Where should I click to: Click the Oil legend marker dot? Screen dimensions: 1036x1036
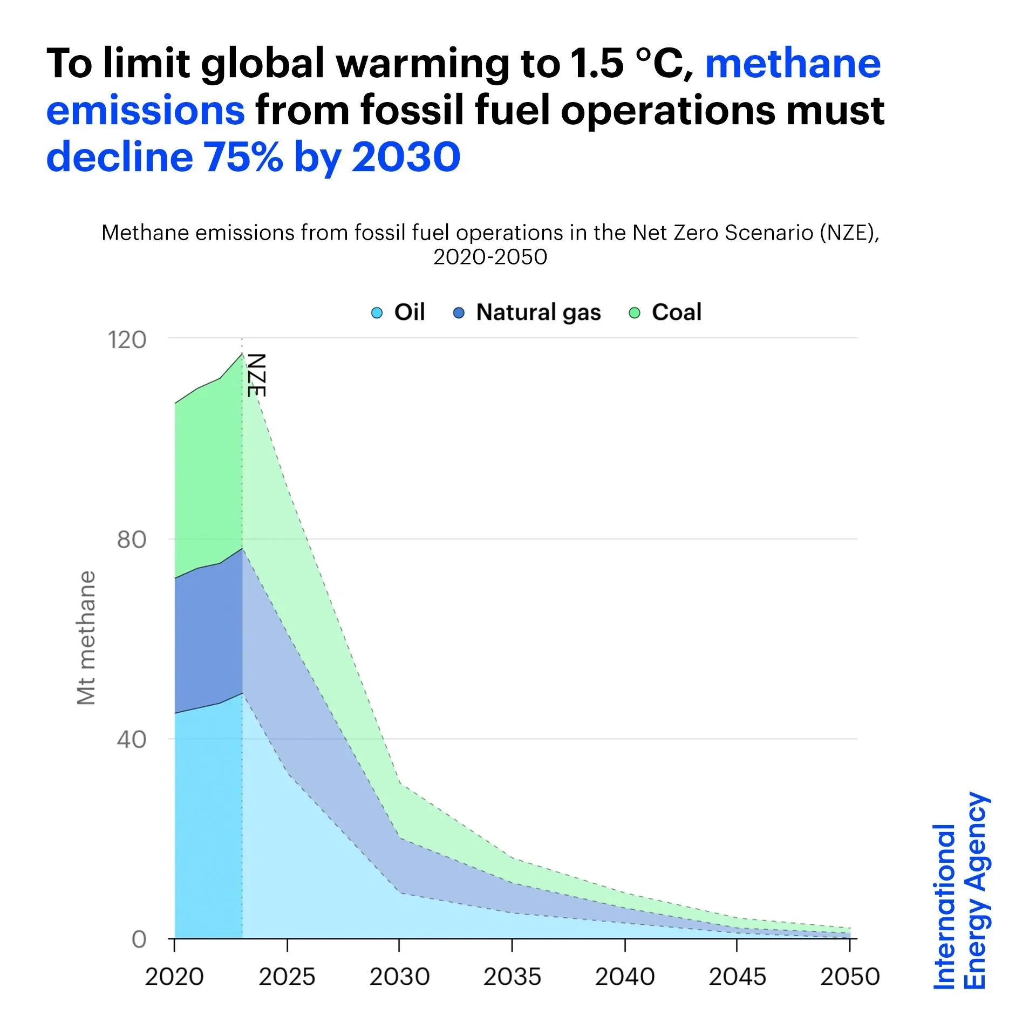(x=377, y=313)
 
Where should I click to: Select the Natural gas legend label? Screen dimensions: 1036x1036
(x=538, y=312)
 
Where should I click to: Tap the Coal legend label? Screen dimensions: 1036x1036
(x=676, y=312)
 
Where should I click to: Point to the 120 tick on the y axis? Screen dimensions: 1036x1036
(x=127, y=340)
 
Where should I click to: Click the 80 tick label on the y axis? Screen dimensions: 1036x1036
(x=132, y=540)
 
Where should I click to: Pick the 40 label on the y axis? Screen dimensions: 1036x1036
(x=132, y=740)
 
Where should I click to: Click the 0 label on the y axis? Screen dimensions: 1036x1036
(x=139, y=940)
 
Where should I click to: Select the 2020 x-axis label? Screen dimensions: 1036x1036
(x=174, y=977)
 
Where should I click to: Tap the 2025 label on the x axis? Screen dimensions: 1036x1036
(x=287, y=977)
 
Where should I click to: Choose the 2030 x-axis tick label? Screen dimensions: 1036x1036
(x=399, y=977)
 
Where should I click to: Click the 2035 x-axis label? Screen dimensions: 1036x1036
(x=512, y=977)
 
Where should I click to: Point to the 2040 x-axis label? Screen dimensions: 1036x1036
(x=625, y=977)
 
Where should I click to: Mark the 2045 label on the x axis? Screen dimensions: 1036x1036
(x=737, y=977)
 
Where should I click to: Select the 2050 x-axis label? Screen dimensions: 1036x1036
(x=850, y=977)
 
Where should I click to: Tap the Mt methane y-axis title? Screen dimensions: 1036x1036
(x=86, y=638)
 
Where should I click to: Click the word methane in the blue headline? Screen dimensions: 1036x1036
(x=793, y=64)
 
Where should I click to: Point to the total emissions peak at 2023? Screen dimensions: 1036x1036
(x=242, y=353)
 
